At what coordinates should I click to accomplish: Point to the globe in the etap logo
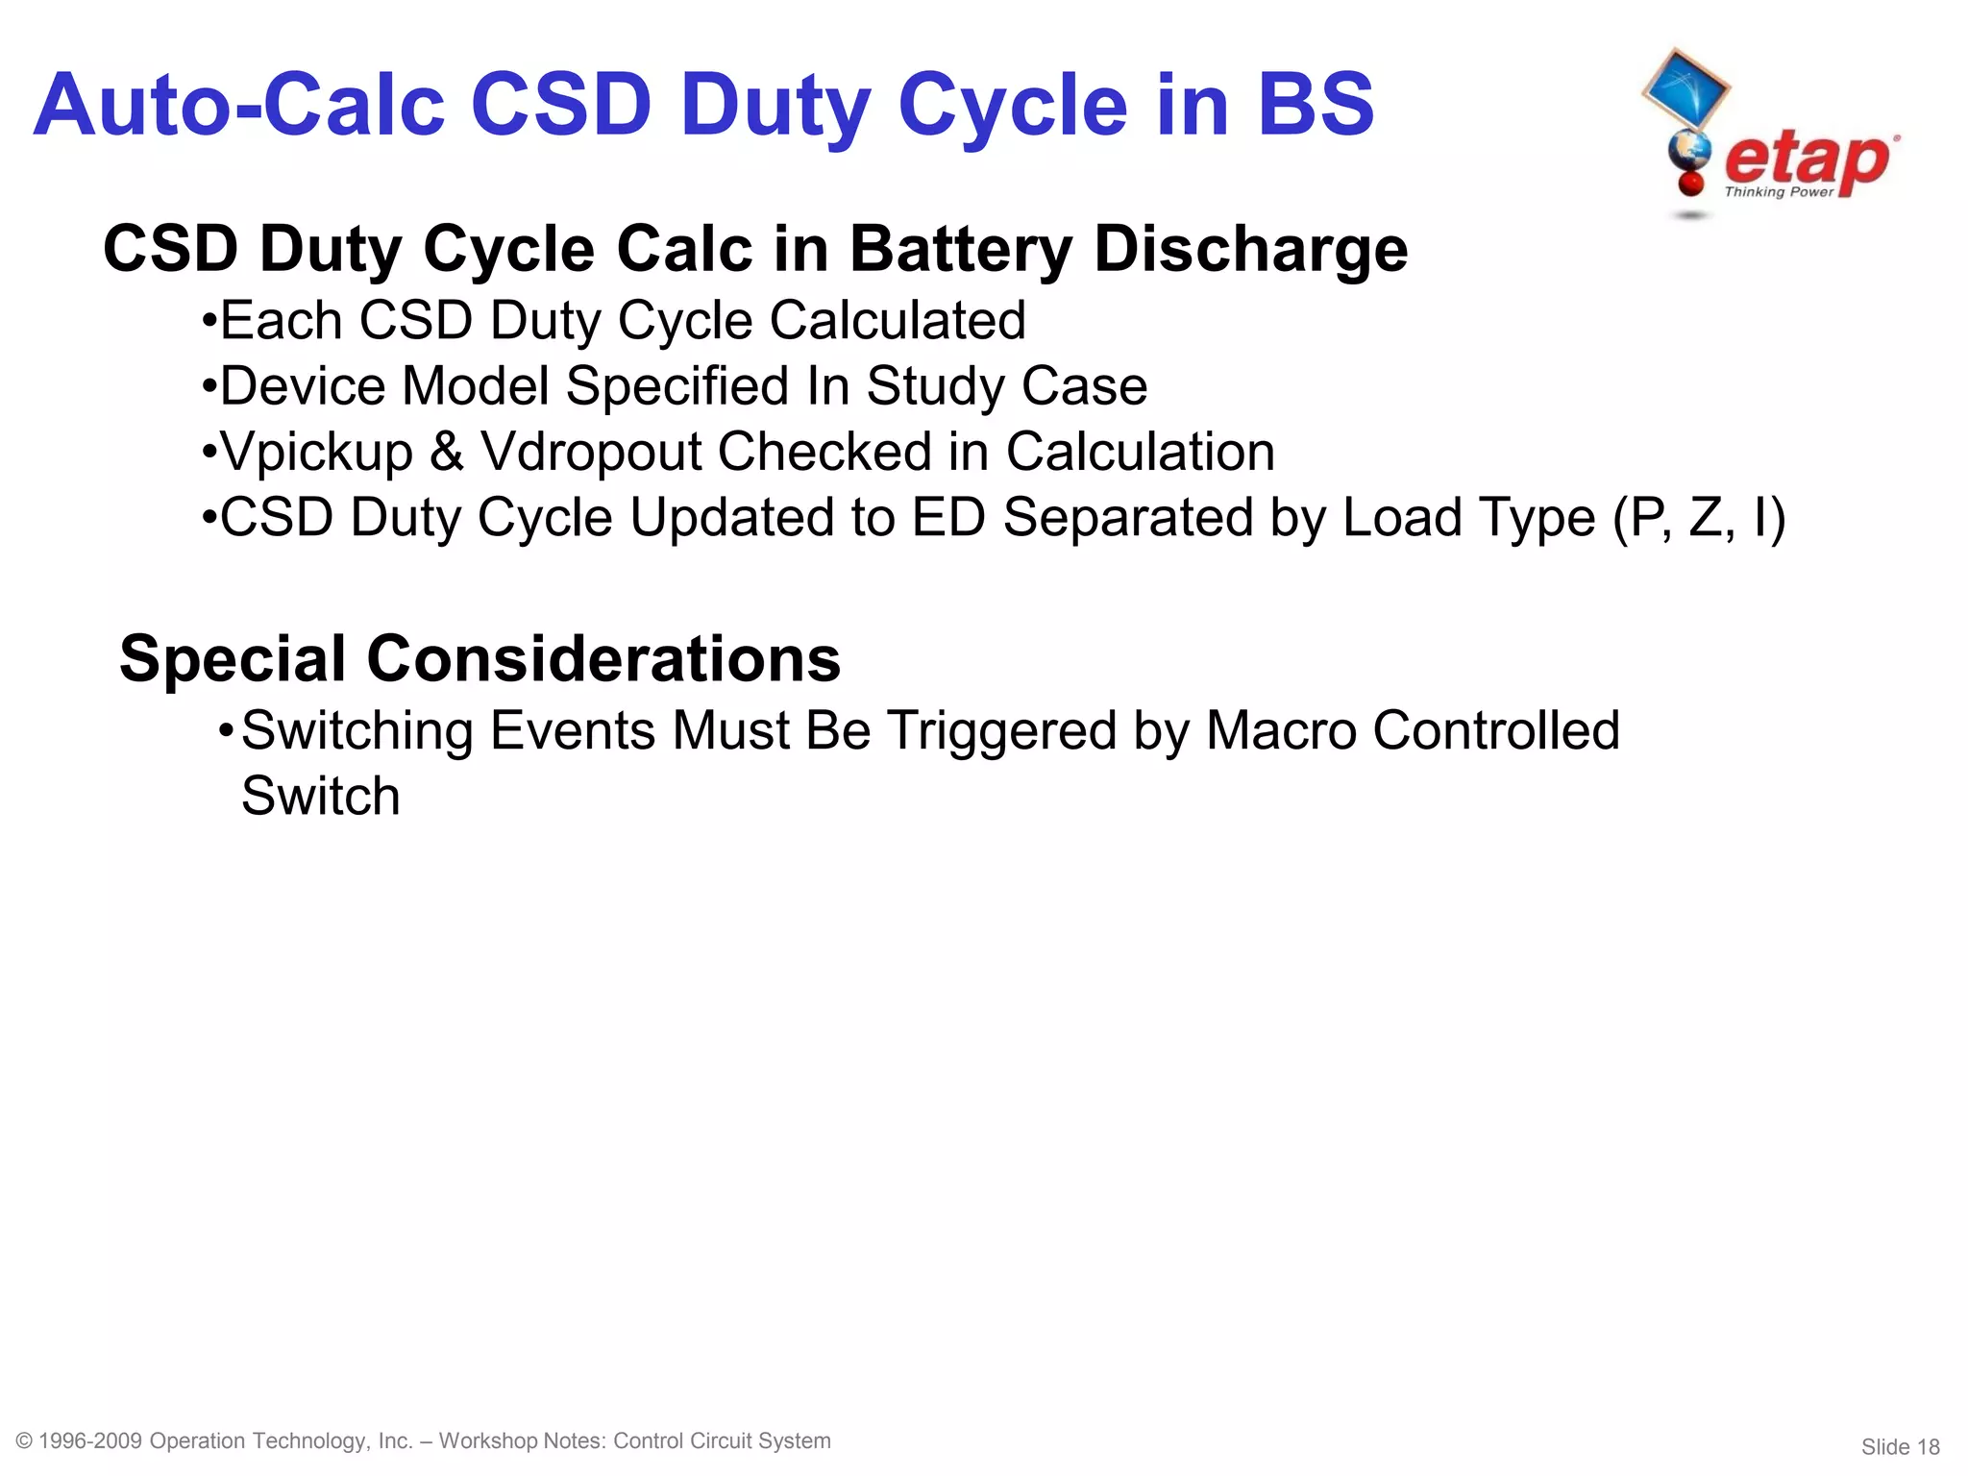click(1689, 151)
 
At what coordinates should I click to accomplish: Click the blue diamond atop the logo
click(1685, 88)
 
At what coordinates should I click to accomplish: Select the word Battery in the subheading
click(960, 249)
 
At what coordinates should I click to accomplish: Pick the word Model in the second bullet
click(475, 386)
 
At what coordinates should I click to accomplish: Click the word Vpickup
click(316, 452)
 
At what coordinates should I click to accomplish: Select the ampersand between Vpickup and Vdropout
click(447, 452)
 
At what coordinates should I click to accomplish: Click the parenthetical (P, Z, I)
click(1699, 518)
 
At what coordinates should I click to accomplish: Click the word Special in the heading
click(232, 659)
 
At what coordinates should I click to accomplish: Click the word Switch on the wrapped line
click(320, 797)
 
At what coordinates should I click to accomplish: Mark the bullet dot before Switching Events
click(226, 729)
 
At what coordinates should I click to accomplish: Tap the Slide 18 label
click(1900, 1447)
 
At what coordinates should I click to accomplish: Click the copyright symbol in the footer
click(25, 1441)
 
